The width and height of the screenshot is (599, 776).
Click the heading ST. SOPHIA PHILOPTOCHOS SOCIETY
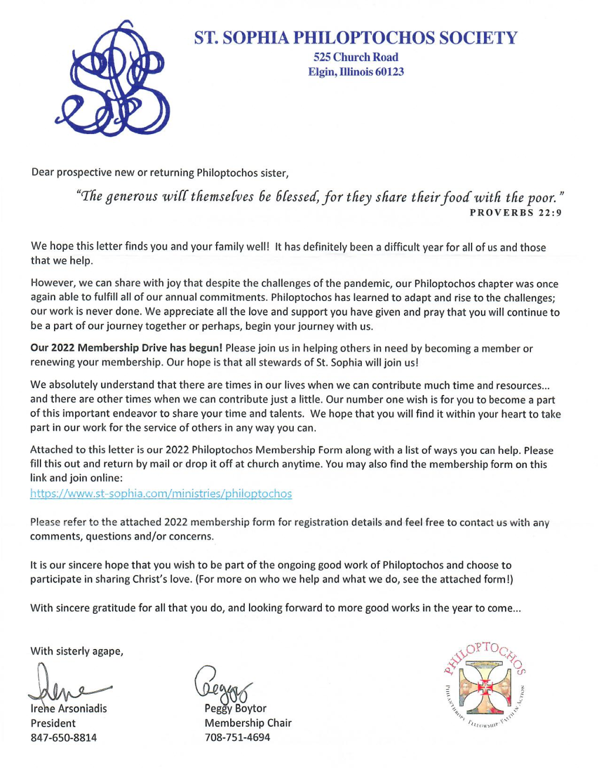355,38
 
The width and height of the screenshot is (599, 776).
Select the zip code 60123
389,72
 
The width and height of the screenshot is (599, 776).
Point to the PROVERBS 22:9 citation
515,213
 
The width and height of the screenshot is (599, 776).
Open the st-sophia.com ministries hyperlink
161,494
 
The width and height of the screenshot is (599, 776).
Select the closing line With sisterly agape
77,651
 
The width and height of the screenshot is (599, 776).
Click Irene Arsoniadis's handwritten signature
65,685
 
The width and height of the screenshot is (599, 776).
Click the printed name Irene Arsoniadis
69,709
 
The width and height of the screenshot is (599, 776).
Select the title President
53,724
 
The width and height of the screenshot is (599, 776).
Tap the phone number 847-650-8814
63,738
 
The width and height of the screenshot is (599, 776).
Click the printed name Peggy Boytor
235,709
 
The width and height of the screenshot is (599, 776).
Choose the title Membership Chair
248,723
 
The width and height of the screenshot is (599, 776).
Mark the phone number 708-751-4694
237,738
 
